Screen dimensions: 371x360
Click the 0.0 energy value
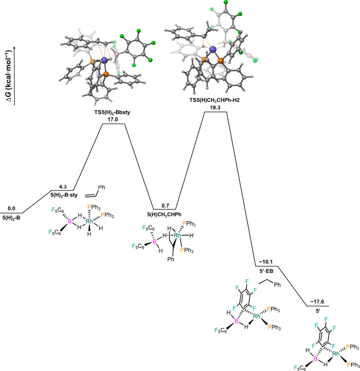tap(11, 208)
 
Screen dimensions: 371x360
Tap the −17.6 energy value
tap(316, 302)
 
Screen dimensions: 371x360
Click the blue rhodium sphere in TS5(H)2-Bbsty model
tap(105, 60)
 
